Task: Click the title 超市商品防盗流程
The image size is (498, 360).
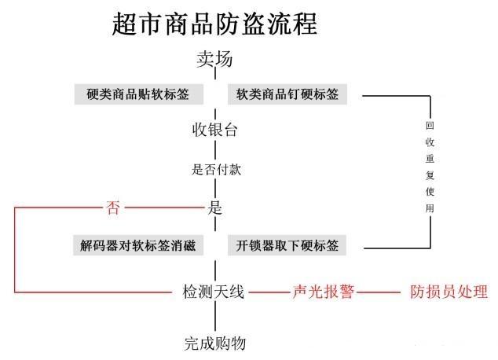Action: click(x=214, y=24)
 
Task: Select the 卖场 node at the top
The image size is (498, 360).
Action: click(x=214, y=60)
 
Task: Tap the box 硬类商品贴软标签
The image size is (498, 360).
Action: click(x=139, y=94)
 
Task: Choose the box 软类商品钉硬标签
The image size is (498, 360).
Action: click(x=288, y=94)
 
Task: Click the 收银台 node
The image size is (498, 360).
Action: click(x=214, y=130)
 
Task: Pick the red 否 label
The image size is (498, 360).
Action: click(x=113, y=208)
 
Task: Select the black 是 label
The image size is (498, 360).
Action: click(x=214, y=208)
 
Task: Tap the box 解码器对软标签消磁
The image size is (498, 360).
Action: click(x=138, y=245)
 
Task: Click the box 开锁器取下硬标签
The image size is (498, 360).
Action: click(x=287, y=245)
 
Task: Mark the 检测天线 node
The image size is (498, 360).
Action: click(x=214, y=292)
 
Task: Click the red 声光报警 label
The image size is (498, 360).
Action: click(x=324, y=292)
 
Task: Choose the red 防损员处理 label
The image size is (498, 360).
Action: click(x=449, y=292)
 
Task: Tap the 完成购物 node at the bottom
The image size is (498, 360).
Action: click(x=214, y=343)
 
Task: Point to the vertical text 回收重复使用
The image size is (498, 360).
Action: click(x=430, y=168)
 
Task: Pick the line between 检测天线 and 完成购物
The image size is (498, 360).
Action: click(x=214, y=318)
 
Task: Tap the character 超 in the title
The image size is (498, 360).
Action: click(x=127, y=24)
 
